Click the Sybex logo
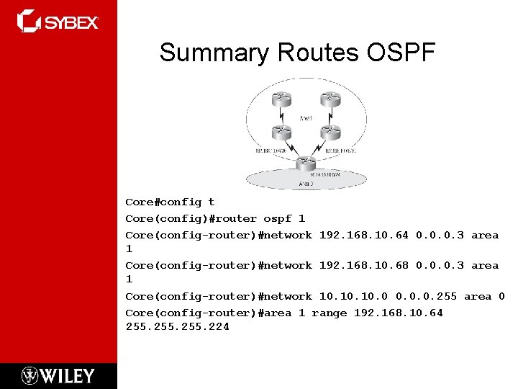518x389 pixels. point(58,22)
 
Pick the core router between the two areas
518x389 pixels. point(306,163)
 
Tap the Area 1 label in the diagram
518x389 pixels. point(306,116)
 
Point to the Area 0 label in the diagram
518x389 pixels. point(306,184)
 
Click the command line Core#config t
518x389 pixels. point(170,202)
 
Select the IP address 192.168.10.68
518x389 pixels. point(363,265)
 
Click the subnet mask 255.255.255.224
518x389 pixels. point(177,327)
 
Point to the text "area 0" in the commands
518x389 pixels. point(484,296)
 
